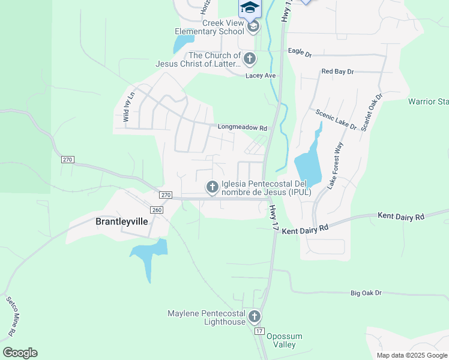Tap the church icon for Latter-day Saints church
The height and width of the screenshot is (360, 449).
250,59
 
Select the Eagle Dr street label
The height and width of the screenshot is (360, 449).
300,53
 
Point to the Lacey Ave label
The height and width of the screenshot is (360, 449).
260,76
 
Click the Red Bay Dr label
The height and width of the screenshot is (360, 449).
337,71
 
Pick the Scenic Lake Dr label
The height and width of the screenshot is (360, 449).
336,119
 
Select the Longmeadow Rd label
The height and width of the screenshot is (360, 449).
241,127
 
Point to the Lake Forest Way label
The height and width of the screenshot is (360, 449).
334,166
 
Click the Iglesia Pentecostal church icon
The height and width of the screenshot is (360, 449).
212,188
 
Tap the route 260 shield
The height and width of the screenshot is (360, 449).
156,210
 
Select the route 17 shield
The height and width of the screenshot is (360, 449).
259,331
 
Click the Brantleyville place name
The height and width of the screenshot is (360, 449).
122,221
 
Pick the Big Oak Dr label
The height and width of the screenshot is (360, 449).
366,293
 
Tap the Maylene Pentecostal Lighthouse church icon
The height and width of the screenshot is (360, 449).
255,316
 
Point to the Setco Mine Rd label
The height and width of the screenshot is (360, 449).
13,316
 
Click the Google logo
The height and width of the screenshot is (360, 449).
20,353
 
